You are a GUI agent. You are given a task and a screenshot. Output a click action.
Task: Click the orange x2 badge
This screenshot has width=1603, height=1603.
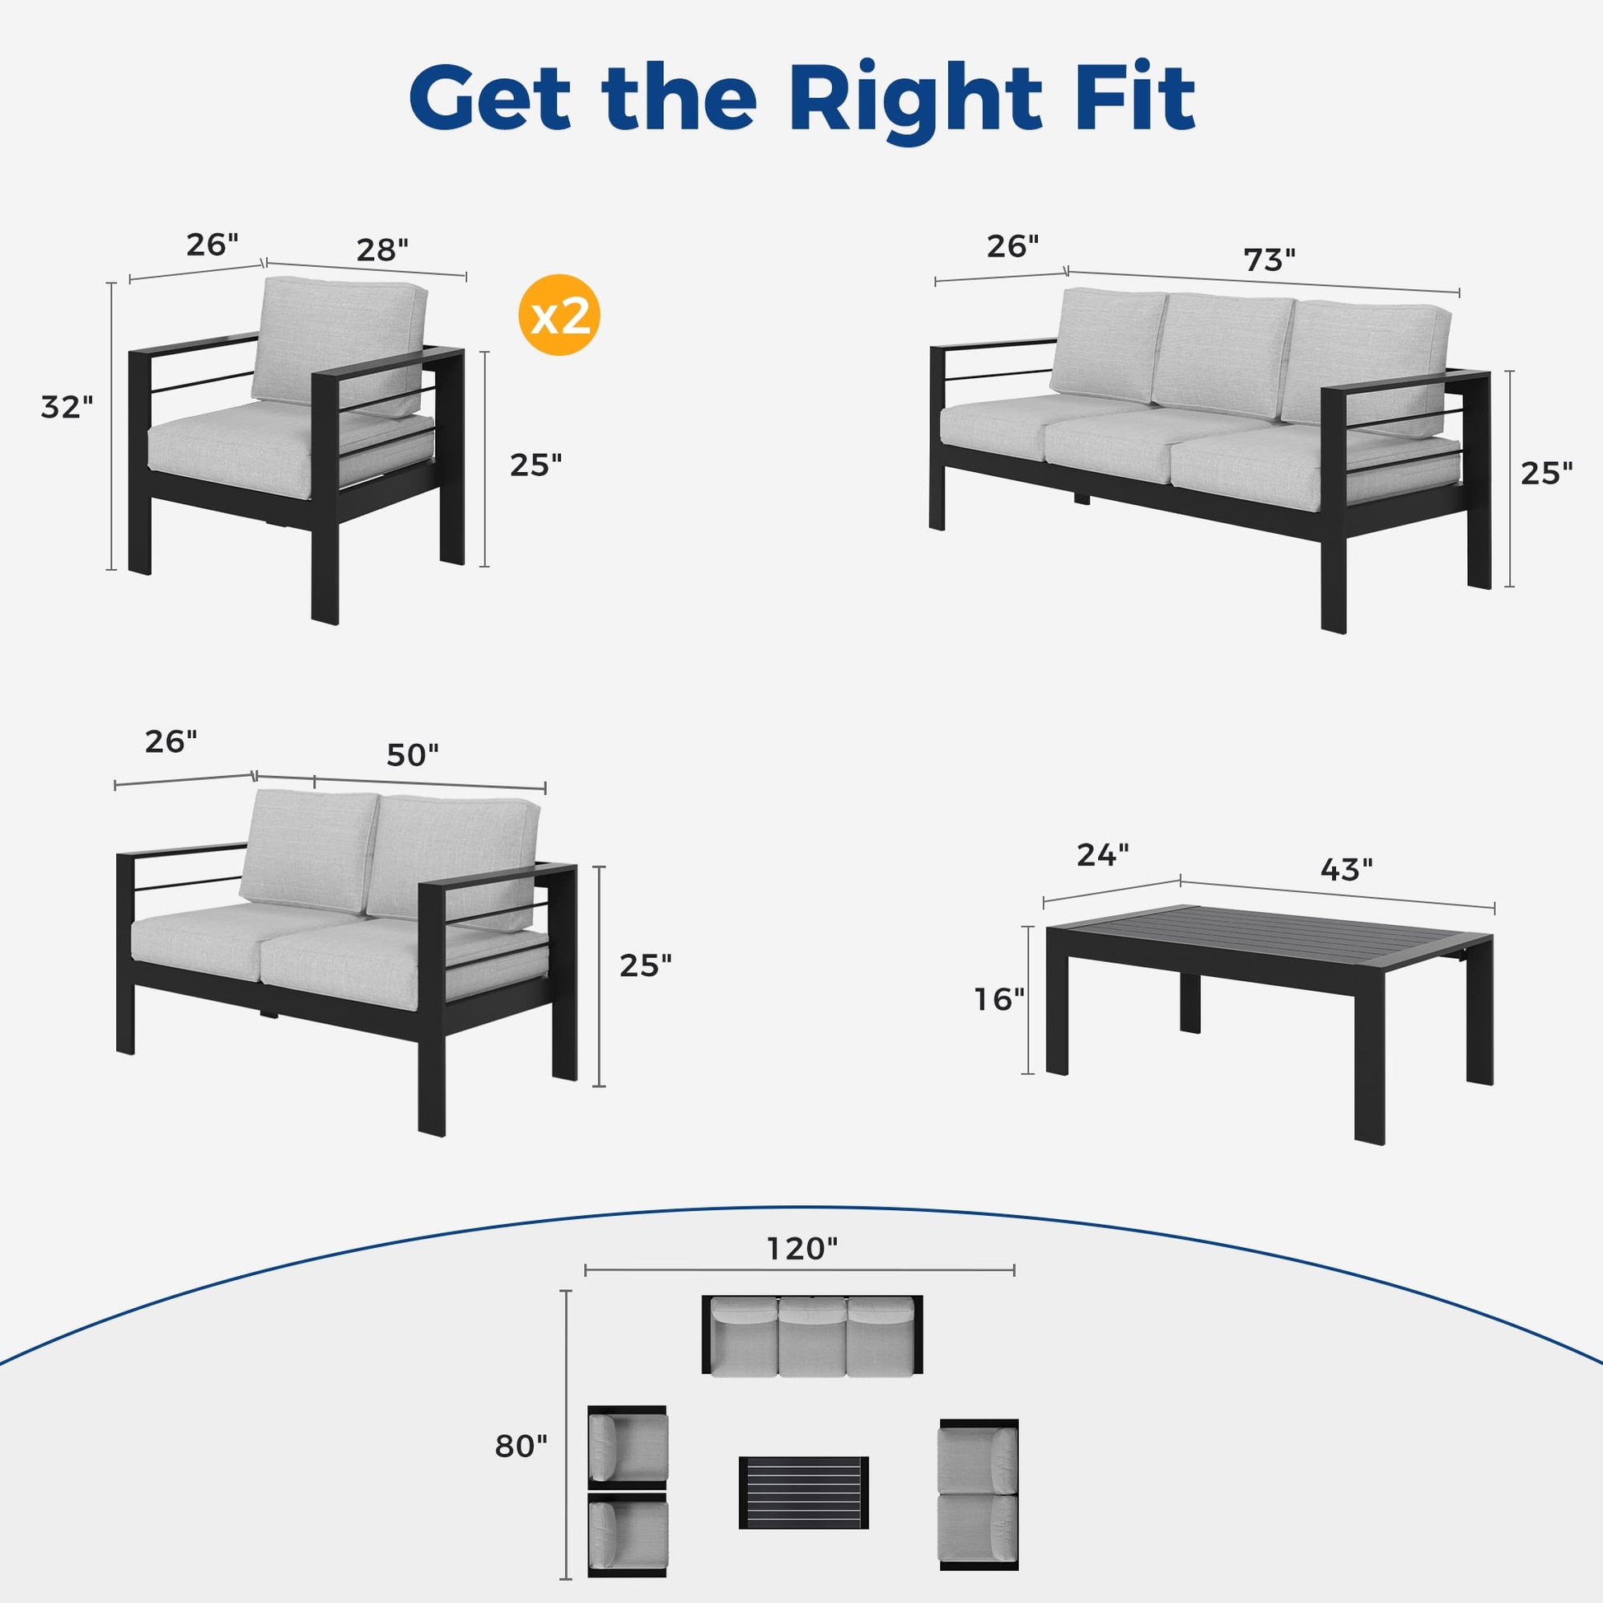[558, 315]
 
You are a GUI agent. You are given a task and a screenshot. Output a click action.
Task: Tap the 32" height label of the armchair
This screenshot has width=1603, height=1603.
[68, 407]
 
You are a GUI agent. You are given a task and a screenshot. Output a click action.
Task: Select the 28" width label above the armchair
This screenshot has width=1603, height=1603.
[382, 250]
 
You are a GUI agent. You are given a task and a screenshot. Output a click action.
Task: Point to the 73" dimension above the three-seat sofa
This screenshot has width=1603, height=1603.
[1269, 259]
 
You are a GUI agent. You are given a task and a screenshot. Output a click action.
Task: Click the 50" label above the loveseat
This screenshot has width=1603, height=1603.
[413, 755]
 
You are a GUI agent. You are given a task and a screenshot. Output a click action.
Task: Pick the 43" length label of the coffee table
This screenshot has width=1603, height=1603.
[1346, 869]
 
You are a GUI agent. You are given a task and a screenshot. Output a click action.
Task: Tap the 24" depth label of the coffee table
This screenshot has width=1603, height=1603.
[1103, 854]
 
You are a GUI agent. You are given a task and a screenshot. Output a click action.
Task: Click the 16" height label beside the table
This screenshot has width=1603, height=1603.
[1000, 999]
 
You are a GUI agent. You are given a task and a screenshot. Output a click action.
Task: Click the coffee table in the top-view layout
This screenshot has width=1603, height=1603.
[803, 1492]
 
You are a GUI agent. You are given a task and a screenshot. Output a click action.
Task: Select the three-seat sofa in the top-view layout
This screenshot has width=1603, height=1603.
[812, 1334]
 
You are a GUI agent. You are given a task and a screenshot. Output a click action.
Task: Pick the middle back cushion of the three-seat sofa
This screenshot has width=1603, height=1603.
[1222, 354]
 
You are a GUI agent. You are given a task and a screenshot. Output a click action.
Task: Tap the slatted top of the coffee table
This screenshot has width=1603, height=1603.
[1269, 938]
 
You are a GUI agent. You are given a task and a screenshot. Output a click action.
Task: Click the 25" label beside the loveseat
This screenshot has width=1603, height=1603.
[646, 965]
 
